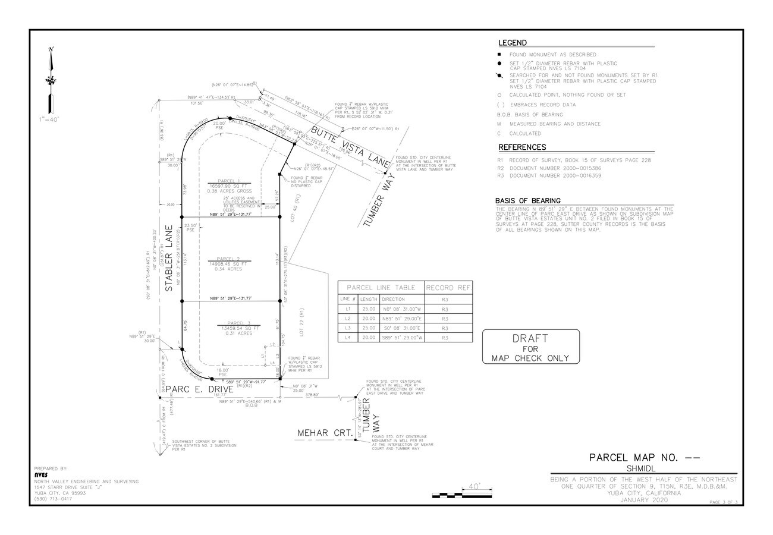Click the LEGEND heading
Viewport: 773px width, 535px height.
[512, 43]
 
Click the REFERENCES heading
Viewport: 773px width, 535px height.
[522, 147]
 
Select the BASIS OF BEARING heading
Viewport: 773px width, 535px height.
[527, 201]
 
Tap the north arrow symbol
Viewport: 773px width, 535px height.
[52, 81]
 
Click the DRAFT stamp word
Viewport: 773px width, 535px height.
[530, 338]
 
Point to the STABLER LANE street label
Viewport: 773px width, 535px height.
[169, 258]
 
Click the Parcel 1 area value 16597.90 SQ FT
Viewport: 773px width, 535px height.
[229, 186]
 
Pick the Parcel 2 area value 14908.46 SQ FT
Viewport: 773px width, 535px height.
[228, 264]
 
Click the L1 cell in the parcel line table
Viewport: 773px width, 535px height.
[348, 309]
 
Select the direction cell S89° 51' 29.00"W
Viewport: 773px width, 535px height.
[401, 338]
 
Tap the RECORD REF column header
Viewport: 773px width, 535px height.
[449, 288]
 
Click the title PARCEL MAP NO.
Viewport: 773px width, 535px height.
[645, 458]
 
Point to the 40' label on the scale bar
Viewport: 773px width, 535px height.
[475, 486]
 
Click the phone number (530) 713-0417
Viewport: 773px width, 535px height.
[53, 499]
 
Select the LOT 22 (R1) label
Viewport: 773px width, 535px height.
[301, 322]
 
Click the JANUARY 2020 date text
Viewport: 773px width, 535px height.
[644, 500]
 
